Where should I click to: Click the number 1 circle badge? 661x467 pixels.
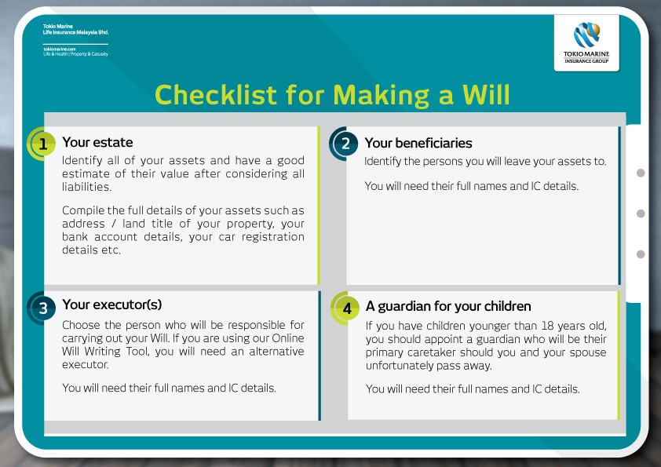tap(42, 144)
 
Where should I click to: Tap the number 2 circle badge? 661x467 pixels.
tap(344, 144)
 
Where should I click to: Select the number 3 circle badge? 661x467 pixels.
tap(42, 308)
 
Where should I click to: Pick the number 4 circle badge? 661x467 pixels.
tap(345, 308)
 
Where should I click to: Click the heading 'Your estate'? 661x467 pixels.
tap(97, 143)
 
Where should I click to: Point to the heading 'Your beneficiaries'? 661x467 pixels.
tap(418, 144)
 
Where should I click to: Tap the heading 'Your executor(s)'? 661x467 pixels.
tap(112, 305)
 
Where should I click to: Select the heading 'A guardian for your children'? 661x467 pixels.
tap(448, 306)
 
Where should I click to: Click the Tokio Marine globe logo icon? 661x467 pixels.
tap(586, 35)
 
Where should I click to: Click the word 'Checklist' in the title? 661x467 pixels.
tap(215, 94)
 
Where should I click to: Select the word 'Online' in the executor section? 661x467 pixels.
tap(288, 338)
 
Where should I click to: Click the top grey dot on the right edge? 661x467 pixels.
tap(641, 173)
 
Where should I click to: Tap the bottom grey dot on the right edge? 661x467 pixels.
tap(641, 254)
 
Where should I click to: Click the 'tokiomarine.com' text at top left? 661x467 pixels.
tap(60, 49)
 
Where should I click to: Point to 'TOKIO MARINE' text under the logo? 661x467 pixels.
tap(586, 54)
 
